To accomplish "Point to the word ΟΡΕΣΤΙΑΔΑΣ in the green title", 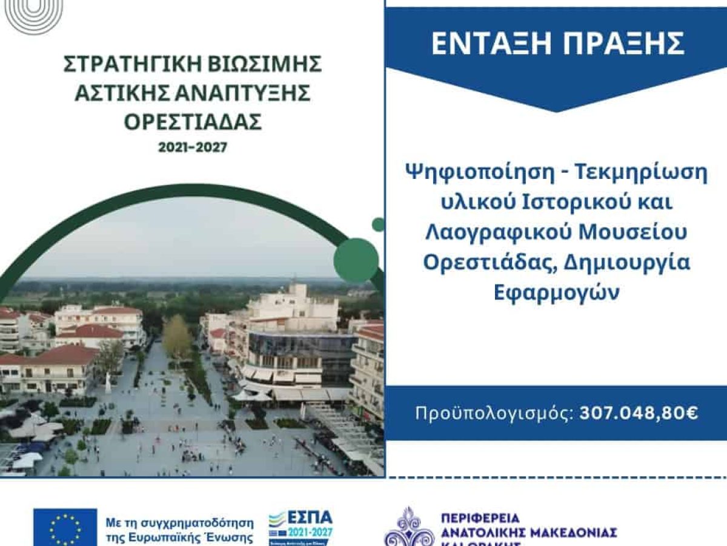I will coord(193,122).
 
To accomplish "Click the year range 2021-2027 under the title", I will coord(193,147).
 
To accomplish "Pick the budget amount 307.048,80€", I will coord(639,413).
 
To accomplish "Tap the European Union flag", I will coord(65,527).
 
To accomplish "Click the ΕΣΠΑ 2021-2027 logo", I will coord(300,527).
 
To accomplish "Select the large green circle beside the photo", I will coord(356,260).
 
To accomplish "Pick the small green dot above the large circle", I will coord(378,224).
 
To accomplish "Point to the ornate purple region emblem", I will coord(410,528).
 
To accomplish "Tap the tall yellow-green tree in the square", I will coord(176,337).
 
